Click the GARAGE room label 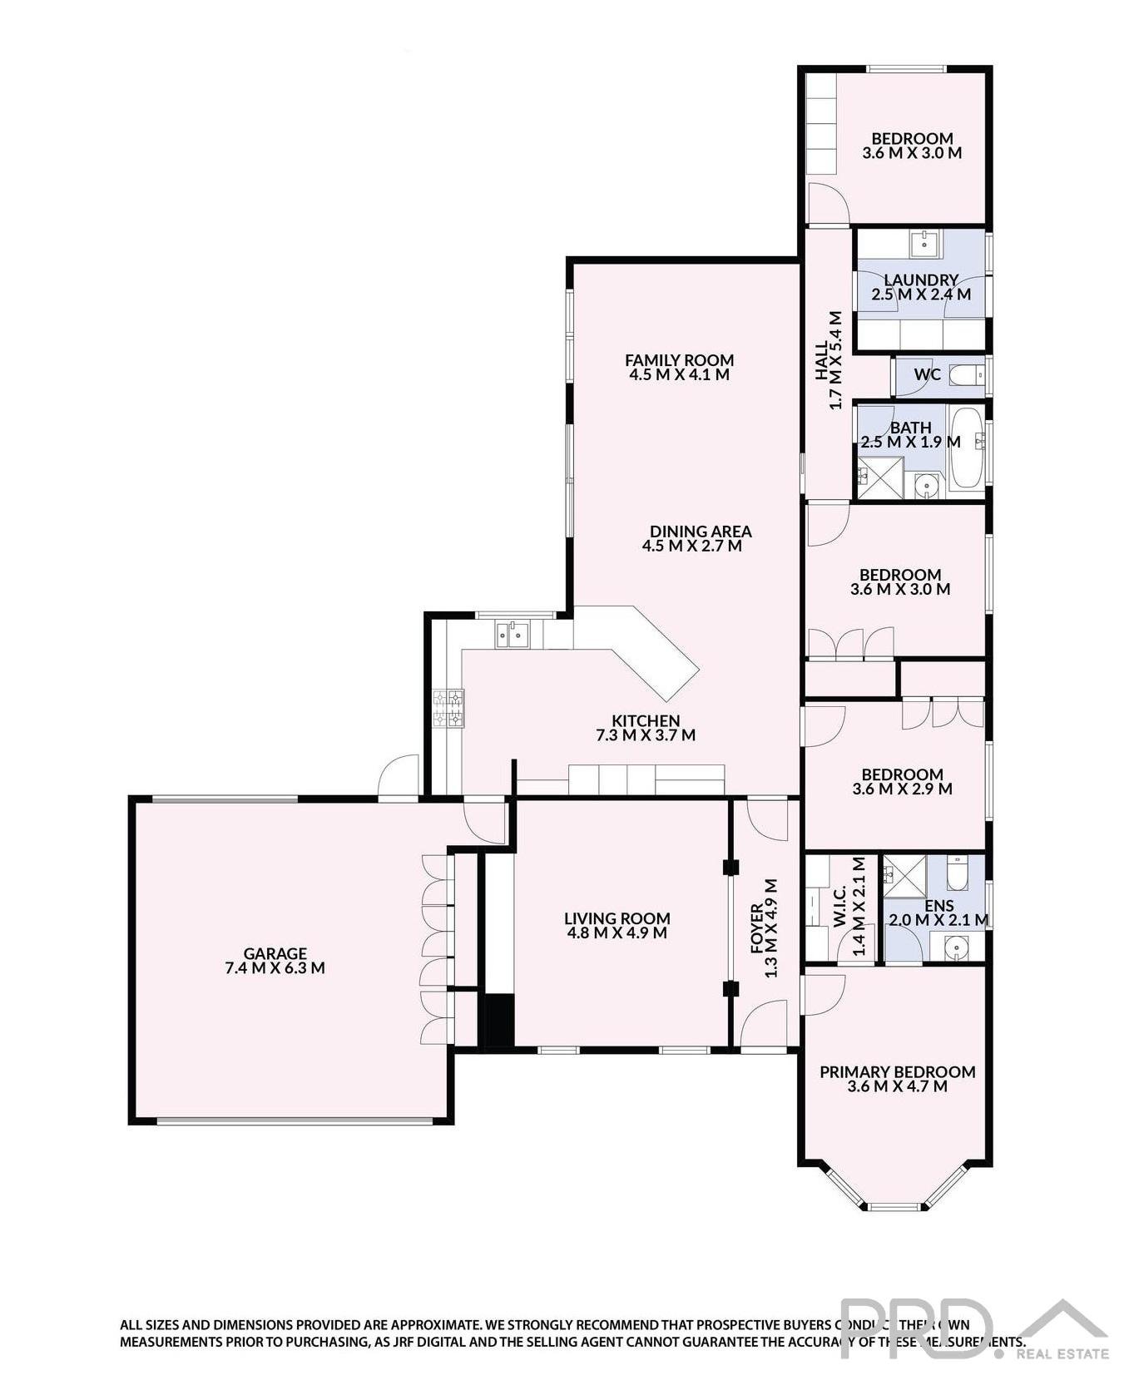pyautogui.click(x=275, y=953)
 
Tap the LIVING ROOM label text pyautogui.click(x=617, y=918)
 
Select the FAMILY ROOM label pyautogui.click(x=679, y=360)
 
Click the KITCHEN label pyautogui.click(x=646, y=721)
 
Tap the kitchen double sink pyautogui.click(x=513, y=636)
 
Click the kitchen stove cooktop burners pyautogui.click(x=448, y=709)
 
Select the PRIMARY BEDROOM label pyautogui.click(x=897, y=1072)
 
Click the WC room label pyautogui.click(x=927, y=374)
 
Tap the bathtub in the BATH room pyautogui.click(x=967, y=447)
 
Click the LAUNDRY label pyautogui.click(x=920, y=280)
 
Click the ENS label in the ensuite pyautogui.click(x=939, y=906)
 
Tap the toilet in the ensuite pyautogui.click(x=956, y=873)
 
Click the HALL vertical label pyautogui.click(x=821, y=359)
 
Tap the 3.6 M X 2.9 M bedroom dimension pyautogui.click(x=902, y=789)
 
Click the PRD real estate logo pyautogui.click(x=973, y=1329)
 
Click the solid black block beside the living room pyautogui.click(x=499, y=1020)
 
